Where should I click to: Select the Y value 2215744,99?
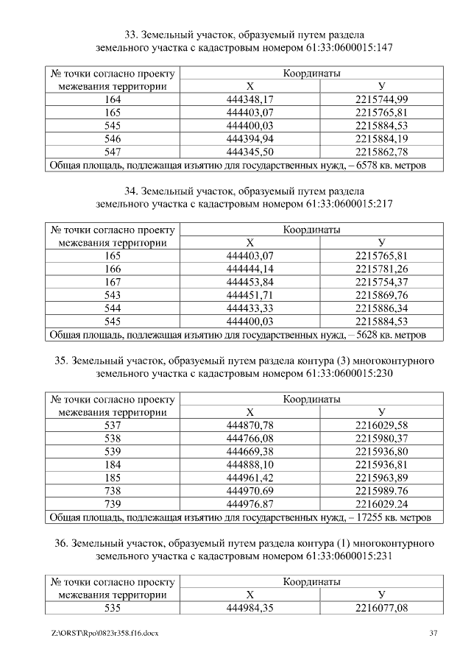(x=381, y=99)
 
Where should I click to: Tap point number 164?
(x=113, y=99)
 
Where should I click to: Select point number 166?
(x=113, y=269)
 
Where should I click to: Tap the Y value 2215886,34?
(x=381, y=309)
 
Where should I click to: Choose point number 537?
(x=113, y=425)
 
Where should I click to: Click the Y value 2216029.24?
(x=381, y=504)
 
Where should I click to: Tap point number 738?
(x=113, y=491)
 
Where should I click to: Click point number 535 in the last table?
(x=113, y=608)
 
